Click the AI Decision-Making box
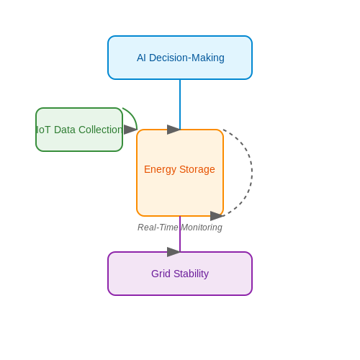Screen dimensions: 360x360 coord(180,58)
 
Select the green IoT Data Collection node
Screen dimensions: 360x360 coord(79,130)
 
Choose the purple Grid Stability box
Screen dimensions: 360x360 coord(180,274)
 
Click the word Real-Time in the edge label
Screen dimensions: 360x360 coord(158,228)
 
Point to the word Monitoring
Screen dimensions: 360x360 coord(202,228)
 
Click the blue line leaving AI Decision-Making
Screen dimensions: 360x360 coord(180,104)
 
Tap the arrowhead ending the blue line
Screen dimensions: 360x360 coord(174,130)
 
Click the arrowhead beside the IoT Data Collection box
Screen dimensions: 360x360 coord(130,130)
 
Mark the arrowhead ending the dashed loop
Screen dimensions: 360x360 coord(217,216)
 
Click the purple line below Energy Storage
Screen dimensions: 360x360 coord(180,234)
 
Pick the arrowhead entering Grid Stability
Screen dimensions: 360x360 coord(174,252)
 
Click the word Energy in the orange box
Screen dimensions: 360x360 coord(160,170)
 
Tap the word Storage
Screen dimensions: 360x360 coord(197,170)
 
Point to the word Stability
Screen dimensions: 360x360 coord(191,274)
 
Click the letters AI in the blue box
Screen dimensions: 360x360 coord(141,58)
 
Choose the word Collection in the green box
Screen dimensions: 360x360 coord(101,130)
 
